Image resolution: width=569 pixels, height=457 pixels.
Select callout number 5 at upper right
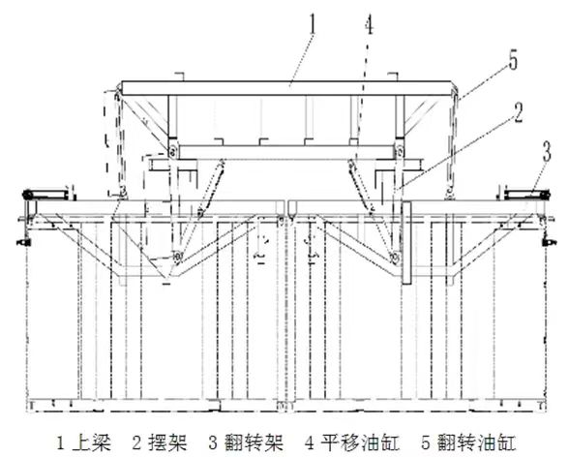click(x=513, y=60)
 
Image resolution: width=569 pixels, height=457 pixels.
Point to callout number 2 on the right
click(x=519, y=113)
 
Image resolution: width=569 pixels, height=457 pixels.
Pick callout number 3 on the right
click(x=547, y=151)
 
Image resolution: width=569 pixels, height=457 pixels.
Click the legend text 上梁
click(x=92, y=442)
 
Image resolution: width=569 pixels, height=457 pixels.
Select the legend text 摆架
click(x=168, y=442)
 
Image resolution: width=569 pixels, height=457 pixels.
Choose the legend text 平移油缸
click(x=360, y=442)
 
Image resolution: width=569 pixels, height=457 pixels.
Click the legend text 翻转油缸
click(x=476, y=442)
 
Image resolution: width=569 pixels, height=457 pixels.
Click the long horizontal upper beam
click(x=286, y=88)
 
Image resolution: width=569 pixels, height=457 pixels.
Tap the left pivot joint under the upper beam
click(x=172, y=150)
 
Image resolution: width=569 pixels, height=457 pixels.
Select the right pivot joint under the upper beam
click(x=400, y=150)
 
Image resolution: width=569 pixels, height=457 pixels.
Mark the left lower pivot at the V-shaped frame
click(x=178, y=257)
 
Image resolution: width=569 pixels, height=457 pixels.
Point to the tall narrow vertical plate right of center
click(x=406, y=243)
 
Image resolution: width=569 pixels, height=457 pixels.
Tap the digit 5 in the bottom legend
click(x=426, y=442)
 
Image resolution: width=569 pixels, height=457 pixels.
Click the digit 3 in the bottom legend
click(x=213, y=442)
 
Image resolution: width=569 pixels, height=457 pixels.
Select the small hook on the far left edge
click(x=22, y=241)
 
